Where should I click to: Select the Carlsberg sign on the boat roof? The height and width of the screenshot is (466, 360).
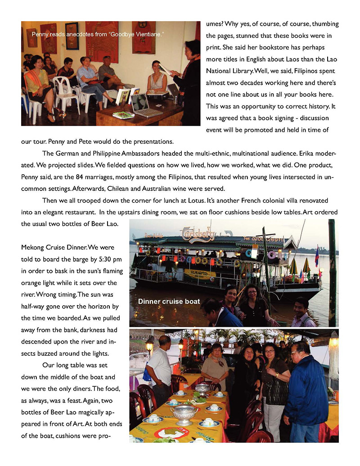click(198, 233)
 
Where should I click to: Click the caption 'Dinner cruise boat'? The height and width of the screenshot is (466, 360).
click(169, 302)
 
